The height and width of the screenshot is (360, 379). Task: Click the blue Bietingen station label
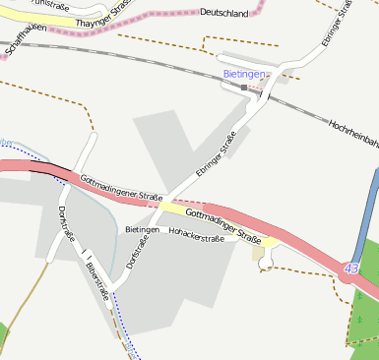(243, 74)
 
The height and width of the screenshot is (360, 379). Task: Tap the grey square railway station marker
(243, 88)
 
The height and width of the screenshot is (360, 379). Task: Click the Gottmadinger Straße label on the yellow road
(221, 225)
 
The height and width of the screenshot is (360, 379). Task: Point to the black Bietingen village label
(142, 229)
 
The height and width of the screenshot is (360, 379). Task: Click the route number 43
(352, 268)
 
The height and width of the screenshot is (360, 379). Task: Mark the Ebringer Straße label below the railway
(216, 154)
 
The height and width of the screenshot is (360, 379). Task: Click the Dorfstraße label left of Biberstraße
(67, 224)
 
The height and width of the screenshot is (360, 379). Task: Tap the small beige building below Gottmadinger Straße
(259, 254)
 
